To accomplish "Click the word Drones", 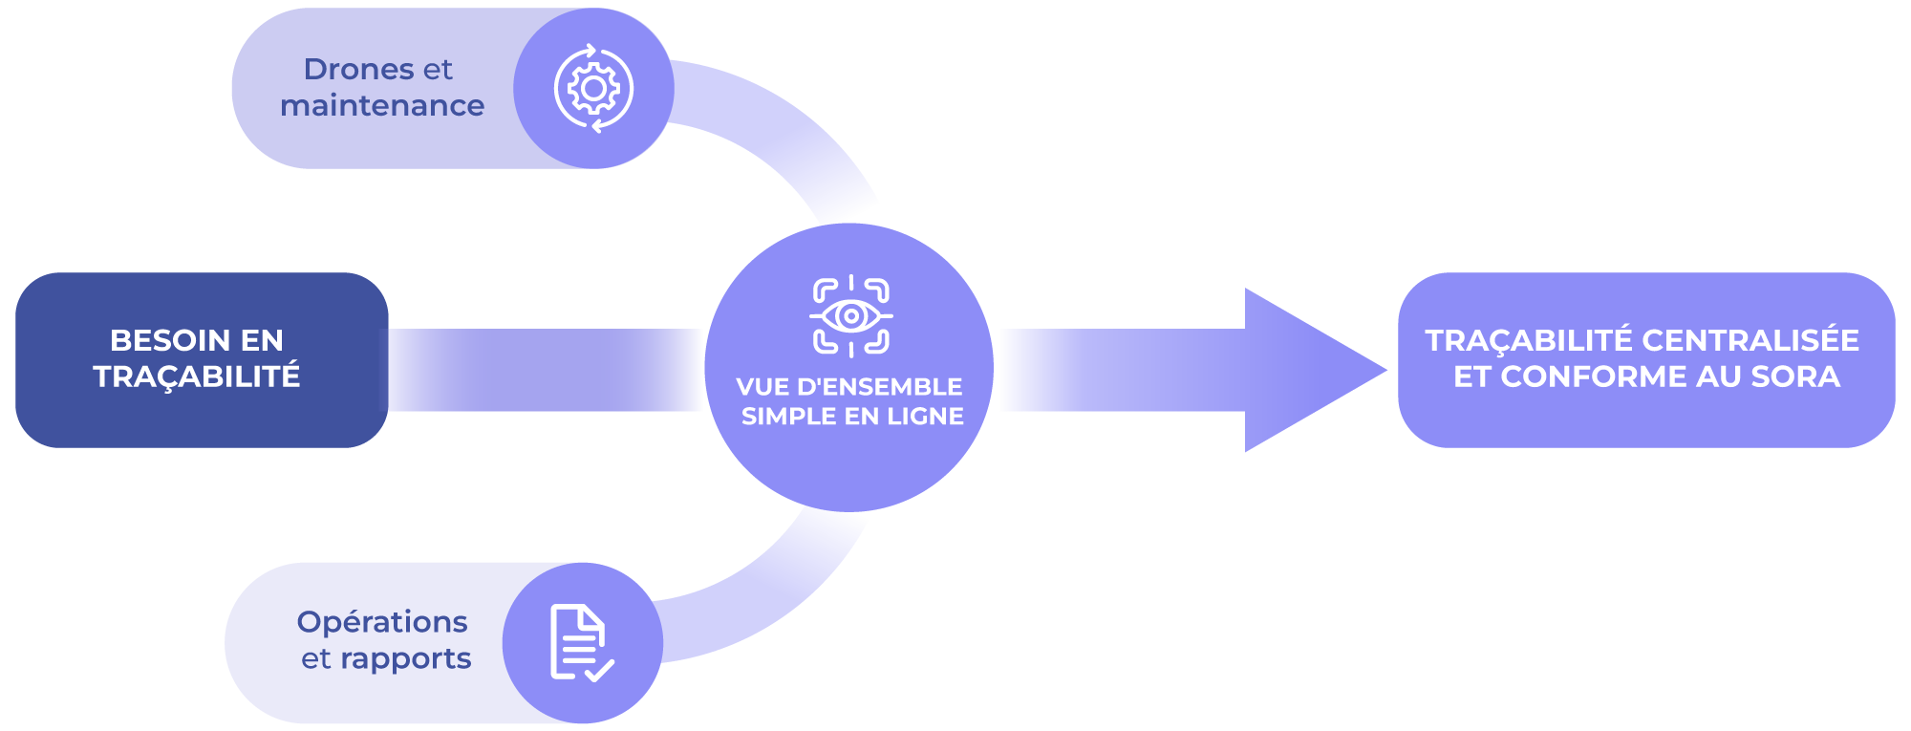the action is [x=358, y=69].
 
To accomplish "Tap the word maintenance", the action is [x=382, y=105].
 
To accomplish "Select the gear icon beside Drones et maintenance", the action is [x=593, y=88].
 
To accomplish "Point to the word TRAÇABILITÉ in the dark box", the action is [x=197, y=376].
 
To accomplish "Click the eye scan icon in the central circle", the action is [x=850, y=316].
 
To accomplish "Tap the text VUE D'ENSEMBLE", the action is [x=849, y=387].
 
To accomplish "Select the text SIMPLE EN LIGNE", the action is [x=852, y=417].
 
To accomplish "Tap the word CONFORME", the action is [x=1607, y=376].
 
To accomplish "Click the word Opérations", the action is [x=382, y=622].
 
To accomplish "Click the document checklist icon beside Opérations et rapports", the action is [x=582, y=643].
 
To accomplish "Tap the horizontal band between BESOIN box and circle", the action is [x=544, y=370].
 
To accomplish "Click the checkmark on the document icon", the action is [x=599, y=670].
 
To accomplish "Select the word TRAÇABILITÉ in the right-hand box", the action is [x=1529, y=340].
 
